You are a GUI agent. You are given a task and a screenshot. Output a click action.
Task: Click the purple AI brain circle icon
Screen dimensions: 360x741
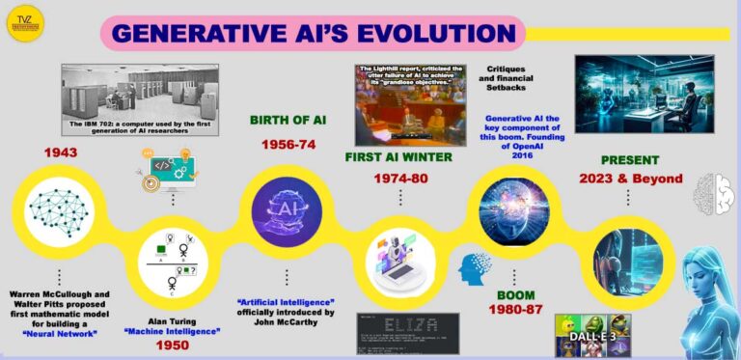(x=287, y=211)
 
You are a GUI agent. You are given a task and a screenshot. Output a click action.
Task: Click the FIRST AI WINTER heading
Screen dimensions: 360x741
(x=398, y=157)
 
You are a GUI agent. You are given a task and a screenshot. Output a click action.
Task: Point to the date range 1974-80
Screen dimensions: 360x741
(x=398, y=179)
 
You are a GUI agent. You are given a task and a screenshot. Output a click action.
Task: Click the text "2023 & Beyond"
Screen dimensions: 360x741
(x=631, y=179)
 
